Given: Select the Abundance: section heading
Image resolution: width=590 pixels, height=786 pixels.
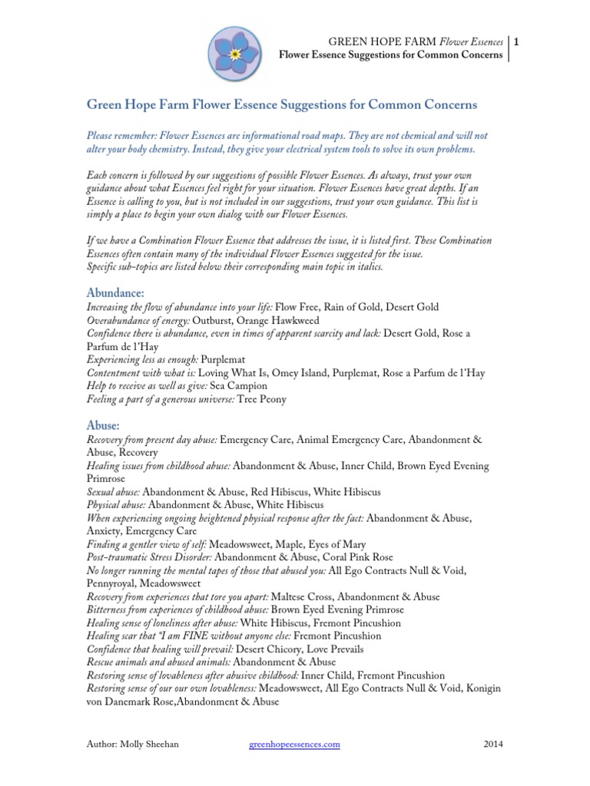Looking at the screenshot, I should tap(114, 292).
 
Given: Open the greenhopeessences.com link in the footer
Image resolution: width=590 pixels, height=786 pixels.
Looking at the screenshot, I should tap(295, 744).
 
